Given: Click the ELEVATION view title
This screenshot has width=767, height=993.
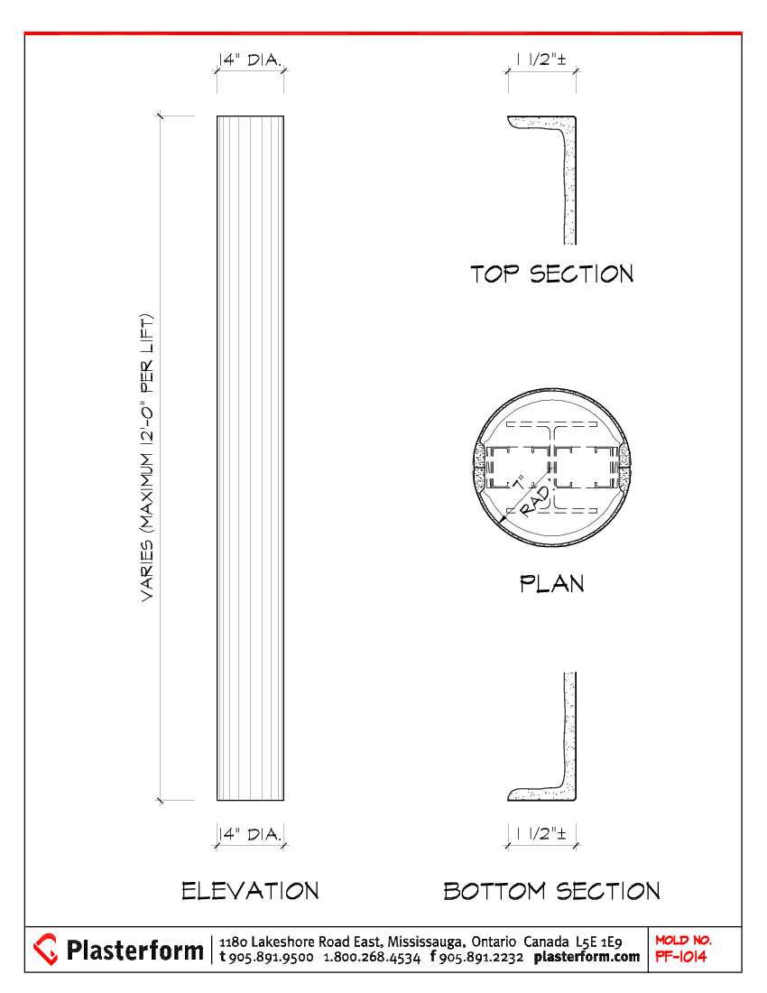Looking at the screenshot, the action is pos(250,891).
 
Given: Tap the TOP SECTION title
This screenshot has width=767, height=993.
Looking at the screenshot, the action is pos(552,274).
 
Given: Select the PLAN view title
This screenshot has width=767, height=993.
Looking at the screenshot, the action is pos(552,583).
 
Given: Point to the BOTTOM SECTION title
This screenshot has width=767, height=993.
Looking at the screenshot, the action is pos(552,891).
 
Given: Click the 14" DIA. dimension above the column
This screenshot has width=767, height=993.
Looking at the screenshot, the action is pos(250,60).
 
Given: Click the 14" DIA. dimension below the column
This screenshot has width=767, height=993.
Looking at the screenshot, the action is pos(250,834).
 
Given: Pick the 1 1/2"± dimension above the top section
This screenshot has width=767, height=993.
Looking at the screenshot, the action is pos(541,60).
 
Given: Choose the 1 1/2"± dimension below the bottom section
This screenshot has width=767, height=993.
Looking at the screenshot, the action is pos(541,833).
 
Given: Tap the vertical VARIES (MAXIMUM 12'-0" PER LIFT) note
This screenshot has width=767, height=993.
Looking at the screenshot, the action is pos(147,458).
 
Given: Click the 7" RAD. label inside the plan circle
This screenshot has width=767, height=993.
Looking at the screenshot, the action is pos(531,496).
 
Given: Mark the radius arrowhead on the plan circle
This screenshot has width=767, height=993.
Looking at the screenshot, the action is pos(504,520).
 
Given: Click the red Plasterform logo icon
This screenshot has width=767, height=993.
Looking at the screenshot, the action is pos(45,950).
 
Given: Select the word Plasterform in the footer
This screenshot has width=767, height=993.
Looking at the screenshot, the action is pos(134,950).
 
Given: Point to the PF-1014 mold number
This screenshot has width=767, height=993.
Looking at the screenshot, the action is pos(681,957).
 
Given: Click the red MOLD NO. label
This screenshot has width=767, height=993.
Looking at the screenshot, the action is pos(683,941).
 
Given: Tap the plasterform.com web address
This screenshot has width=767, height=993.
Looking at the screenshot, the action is pos(587,957).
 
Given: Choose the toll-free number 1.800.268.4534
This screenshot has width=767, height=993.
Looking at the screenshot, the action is pos(372,958).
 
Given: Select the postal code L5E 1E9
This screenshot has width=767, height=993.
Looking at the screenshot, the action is pos(598,942).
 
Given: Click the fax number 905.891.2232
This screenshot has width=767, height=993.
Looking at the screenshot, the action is pos(481,958).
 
